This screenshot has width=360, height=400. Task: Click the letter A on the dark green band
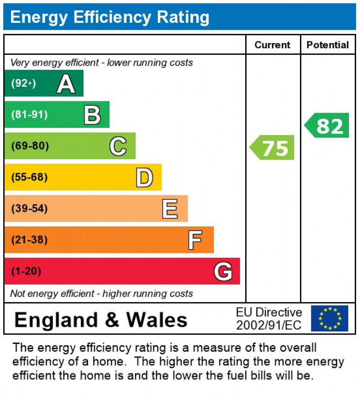(66, 84)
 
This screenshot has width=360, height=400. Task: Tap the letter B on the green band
(92, 115)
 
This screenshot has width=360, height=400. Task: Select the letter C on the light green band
(118, 146)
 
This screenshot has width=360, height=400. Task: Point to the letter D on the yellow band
(144, 177)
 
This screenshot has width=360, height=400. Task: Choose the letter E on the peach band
(170, 209)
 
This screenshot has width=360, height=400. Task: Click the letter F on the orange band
(195, 240)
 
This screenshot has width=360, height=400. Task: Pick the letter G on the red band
(223, 271)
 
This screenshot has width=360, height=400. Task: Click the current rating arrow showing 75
(273, 148)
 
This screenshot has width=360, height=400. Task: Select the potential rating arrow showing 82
(327, 126)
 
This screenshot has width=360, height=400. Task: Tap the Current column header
(273, 45)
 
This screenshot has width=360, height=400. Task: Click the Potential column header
(328, 45)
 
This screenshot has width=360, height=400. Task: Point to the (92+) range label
(23, 84)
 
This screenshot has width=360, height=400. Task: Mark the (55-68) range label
(29, 177)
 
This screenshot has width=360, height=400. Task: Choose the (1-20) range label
(26, 271)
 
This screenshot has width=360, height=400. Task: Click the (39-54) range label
(29, 208)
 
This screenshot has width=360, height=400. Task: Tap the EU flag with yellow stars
(329, 318)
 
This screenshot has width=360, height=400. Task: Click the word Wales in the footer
(157, 320)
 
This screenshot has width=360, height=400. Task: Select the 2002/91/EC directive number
(269, 325)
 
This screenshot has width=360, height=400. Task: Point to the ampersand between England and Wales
(112, 320)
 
